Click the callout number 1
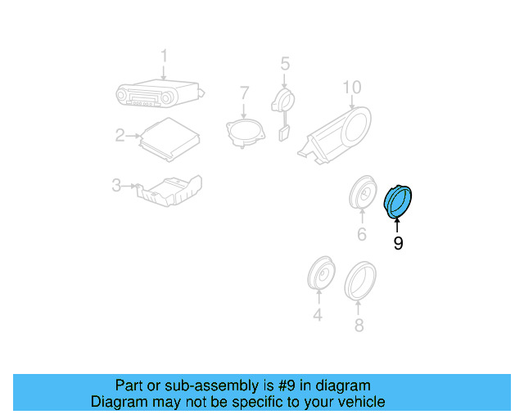(164, 56)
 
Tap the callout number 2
(120, 135)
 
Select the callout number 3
(115, 186)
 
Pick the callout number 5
(285, 63)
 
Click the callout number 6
(361, 236)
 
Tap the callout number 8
(358, 325)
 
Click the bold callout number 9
(398, 243)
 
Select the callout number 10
(351, 87)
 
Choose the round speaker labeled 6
(361, 193)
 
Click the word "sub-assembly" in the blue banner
(200, 385)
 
